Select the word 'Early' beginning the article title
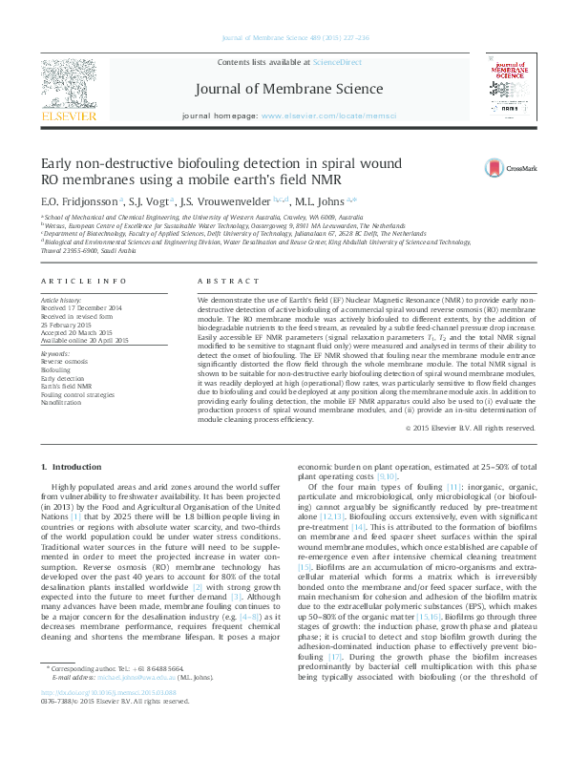pos(55,162)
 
